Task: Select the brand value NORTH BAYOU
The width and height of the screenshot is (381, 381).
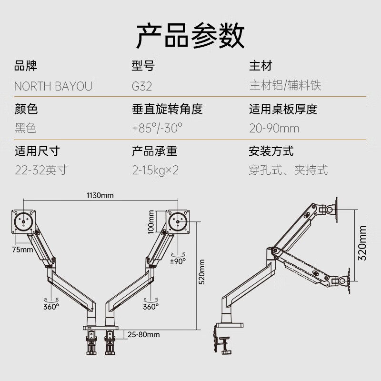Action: [53, 86]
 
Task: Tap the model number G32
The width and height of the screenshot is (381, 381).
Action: [142, 86]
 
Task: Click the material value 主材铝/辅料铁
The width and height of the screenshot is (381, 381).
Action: [285, 86]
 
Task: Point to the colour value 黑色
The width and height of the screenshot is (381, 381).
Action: [26, 128]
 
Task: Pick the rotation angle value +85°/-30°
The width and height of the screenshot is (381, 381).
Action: [158, 128]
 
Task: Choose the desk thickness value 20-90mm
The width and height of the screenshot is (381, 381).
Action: [274, 128]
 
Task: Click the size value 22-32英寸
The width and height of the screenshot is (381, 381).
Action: [41, 170]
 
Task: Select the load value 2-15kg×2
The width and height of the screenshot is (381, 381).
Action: [155, 170]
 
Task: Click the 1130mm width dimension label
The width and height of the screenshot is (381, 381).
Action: [100, 195]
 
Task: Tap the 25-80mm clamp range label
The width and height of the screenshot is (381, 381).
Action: [144, 334]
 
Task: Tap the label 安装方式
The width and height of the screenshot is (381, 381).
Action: [271, 151]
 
